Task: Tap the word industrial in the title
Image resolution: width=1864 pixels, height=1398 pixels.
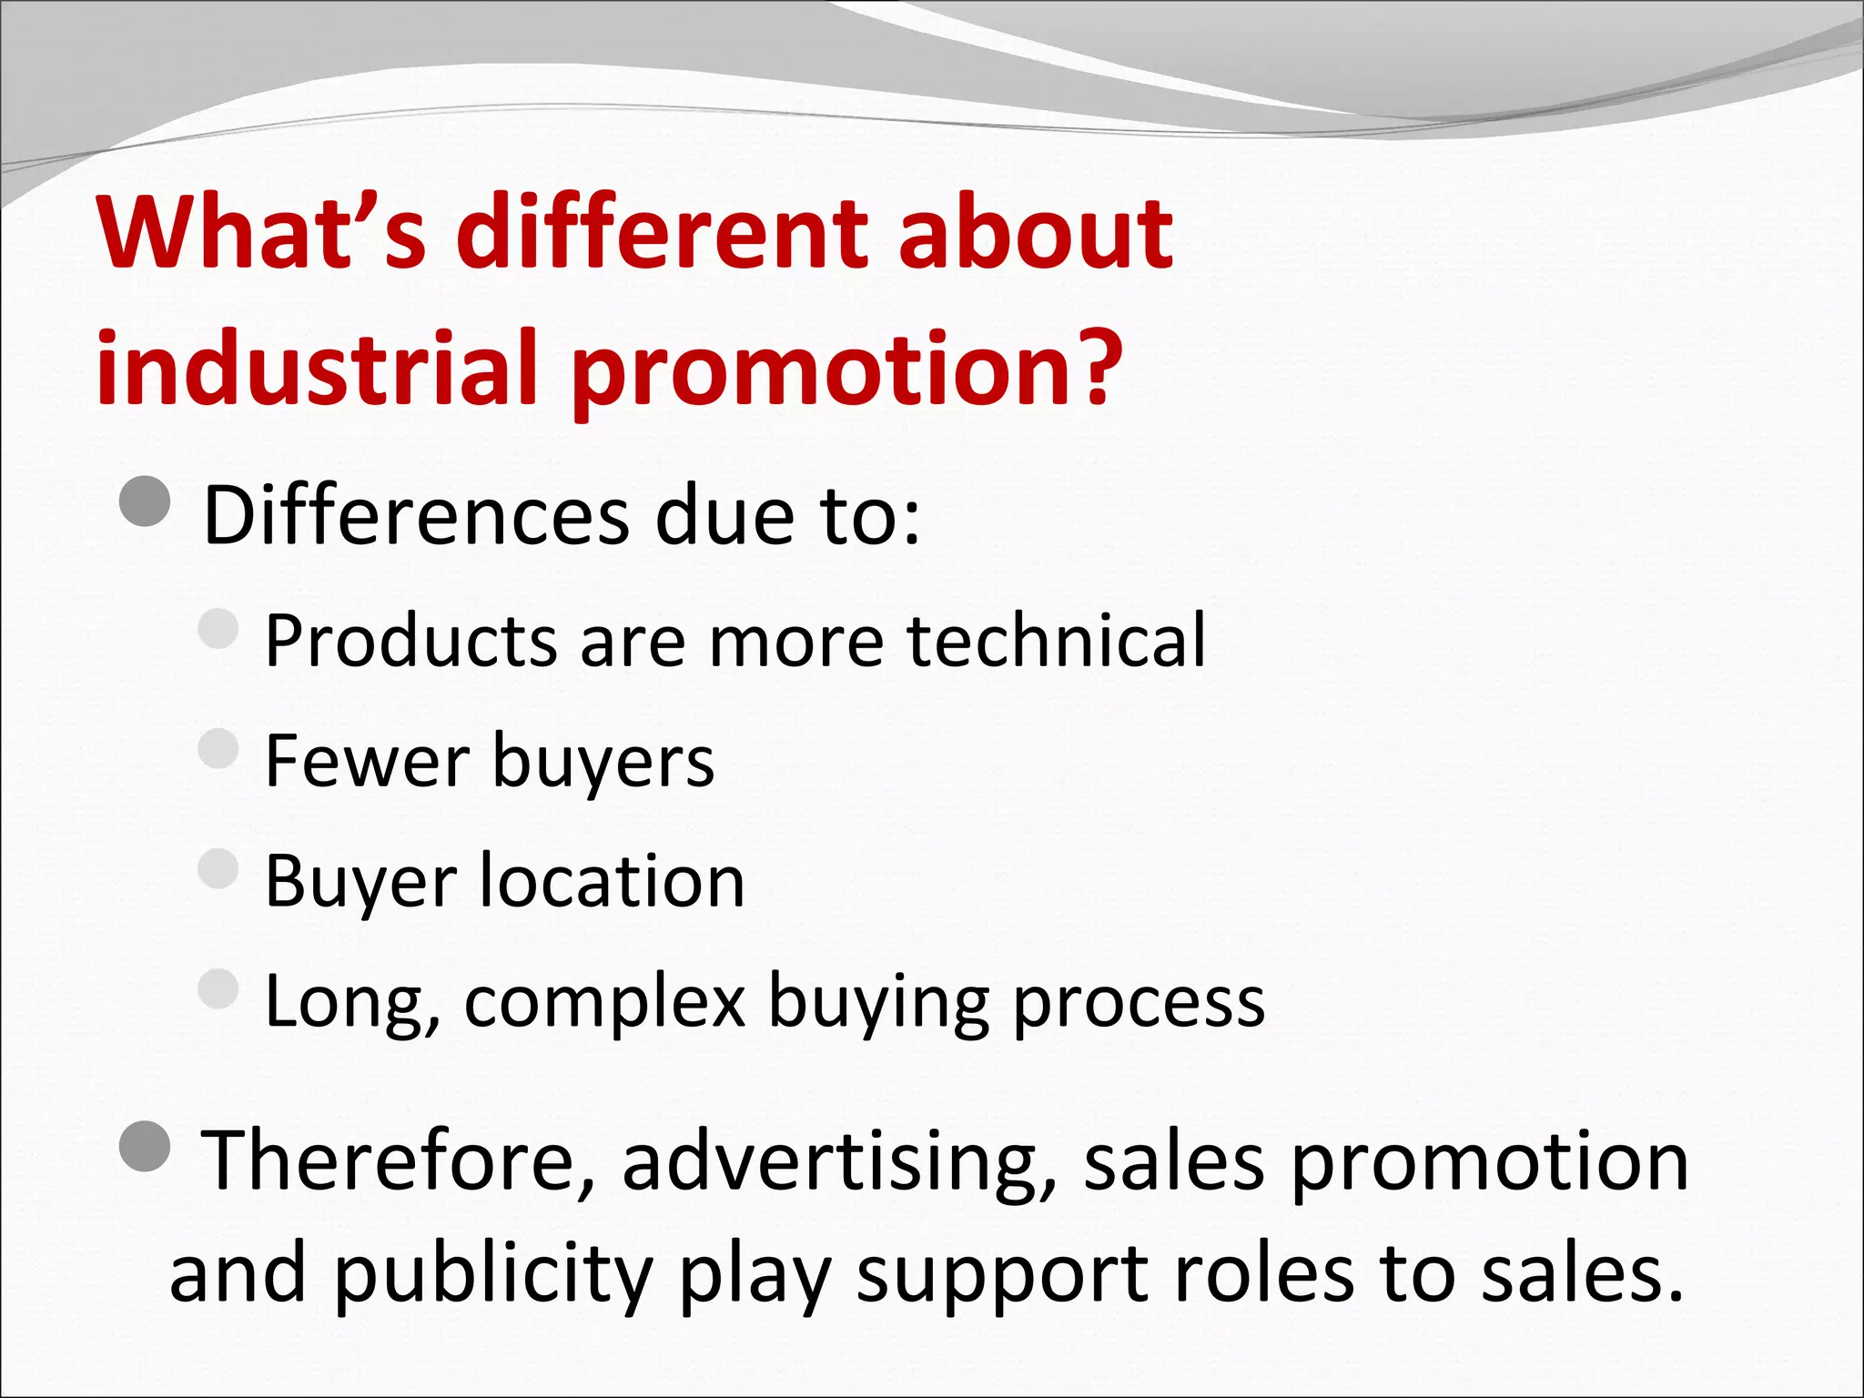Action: tap(318, 367)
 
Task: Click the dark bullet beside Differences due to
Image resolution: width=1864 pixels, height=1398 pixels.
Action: tap(145, 501)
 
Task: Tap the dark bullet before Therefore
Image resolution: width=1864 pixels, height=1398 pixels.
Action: tap(145, 1146)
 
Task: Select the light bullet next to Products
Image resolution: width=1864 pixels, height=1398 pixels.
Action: tap(218, 628)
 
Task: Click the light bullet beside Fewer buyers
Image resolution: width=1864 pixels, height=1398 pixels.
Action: tap(218, 748)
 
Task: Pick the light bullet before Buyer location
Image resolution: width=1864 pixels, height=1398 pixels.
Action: tap(218, 868)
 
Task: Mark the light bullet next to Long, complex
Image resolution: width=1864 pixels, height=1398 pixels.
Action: tap(218, 988)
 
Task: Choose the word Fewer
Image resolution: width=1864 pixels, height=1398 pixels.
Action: tap(367, 761)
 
